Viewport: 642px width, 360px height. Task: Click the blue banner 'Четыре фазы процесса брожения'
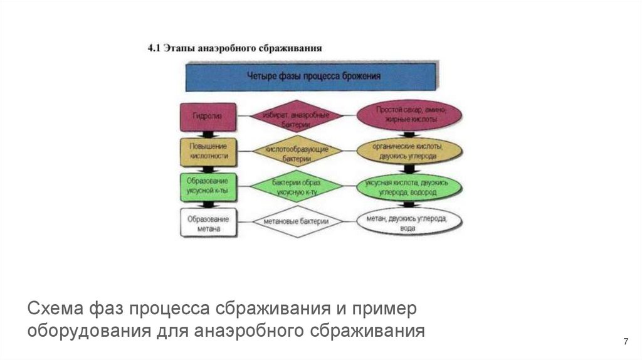[x=311, y=77]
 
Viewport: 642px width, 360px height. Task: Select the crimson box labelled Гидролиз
[x=208, y=117]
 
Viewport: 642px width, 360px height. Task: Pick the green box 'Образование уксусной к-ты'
[x=208, y=186]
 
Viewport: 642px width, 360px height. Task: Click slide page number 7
[x=625, y=341]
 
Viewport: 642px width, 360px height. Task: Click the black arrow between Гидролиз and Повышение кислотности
[x=208, y=134]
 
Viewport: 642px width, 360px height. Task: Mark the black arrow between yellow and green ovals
[x=409, y=168]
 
